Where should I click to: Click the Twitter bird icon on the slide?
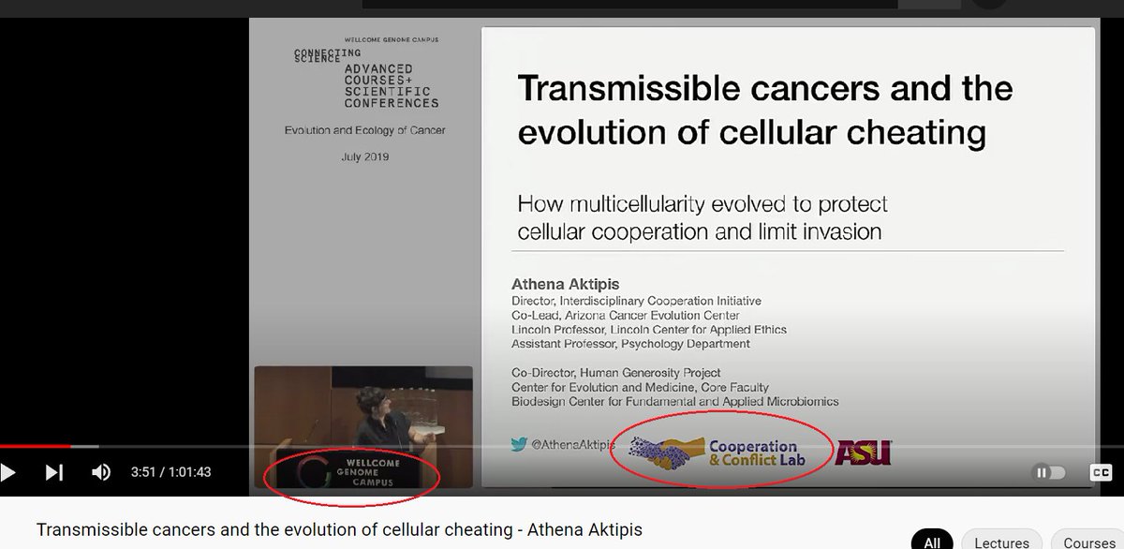[x=520, y=445]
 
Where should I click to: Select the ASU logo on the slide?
[x=863, y=453]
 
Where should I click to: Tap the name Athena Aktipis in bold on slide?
[x=566, y=283]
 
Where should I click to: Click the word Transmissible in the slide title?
[x=618, y=90]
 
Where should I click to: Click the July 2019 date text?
[x=364, y=156]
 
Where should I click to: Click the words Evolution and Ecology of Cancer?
[x=364, y=130]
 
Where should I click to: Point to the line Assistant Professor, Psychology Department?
[x=630, y=344]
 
